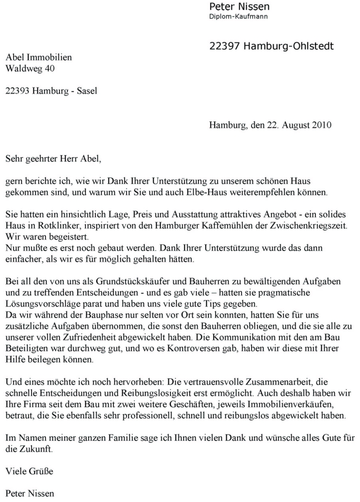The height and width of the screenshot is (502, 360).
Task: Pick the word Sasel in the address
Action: (x=86, y=90)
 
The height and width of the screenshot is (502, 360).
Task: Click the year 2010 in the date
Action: (x=322, y=126)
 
